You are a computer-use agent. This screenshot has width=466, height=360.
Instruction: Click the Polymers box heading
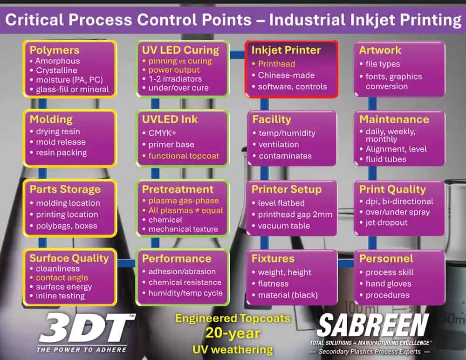[x=55, y=50]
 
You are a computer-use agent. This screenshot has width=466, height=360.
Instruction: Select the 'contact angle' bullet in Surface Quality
[x=62, y=277]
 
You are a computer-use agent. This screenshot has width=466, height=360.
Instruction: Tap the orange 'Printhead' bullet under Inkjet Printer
[x=276, y=64]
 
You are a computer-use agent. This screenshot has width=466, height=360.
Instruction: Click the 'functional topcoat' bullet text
[x=184, y=156]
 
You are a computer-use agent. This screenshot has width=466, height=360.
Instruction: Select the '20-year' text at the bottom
[x=233, y=333]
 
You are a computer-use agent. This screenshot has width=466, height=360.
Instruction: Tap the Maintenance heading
[x=394, y=119]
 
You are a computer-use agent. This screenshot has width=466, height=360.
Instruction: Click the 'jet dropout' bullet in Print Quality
[x=387, y=222]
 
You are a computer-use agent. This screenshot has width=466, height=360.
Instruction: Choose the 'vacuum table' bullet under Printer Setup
[x=284, y=226]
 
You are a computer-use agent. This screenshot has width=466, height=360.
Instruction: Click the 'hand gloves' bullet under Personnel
[x=389, y=284]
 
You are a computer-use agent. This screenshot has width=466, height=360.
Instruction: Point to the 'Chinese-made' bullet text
[x=286, y=75]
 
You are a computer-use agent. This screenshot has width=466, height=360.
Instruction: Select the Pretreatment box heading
[x=178, y=189]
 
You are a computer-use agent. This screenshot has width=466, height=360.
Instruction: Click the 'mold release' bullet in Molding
[x=61, y=142]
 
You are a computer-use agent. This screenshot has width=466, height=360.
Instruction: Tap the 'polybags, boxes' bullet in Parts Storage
[x=67, y=226]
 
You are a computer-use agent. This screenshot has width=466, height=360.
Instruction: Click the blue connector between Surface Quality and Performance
[x=126, y=263]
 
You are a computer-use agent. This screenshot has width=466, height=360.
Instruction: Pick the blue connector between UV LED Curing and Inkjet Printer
[x=238, y=55]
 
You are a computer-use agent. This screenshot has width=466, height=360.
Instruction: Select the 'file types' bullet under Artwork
[x=383, y=64]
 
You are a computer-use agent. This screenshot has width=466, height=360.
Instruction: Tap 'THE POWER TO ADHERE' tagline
[x=82, y=350]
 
